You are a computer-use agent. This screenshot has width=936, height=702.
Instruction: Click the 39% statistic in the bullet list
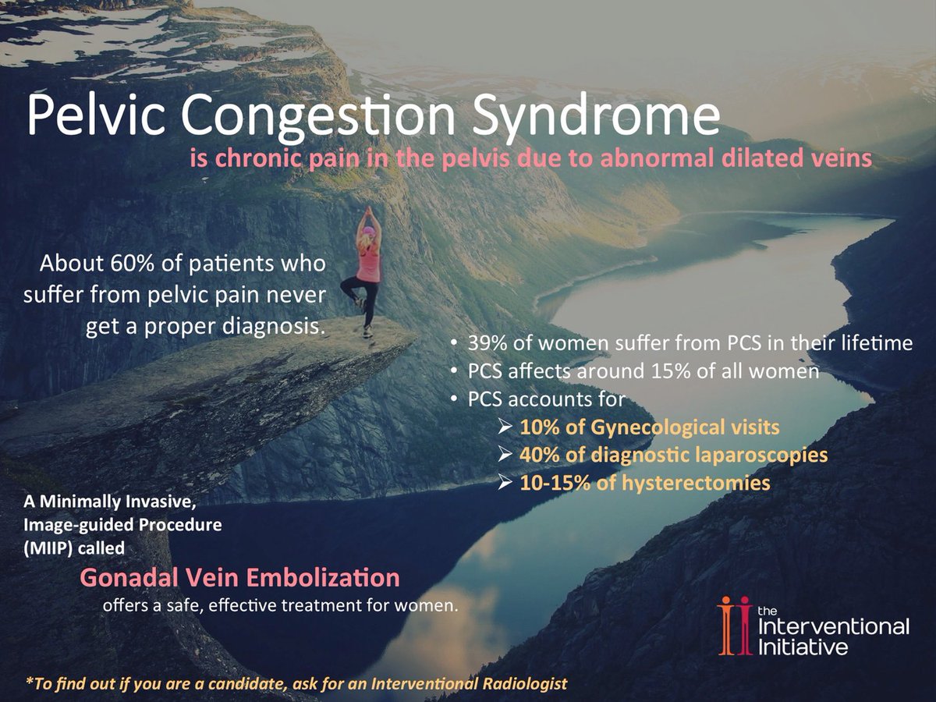[488, 342]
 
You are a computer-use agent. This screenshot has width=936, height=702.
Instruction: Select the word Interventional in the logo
[833, 626]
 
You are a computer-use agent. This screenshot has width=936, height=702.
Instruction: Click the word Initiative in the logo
[803, 647]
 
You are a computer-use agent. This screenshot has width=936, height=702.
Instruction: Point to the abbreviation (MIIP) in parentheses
[49, 547]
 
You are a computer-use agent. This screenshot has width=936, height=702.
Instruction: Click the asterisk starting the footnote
[28, 682]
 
